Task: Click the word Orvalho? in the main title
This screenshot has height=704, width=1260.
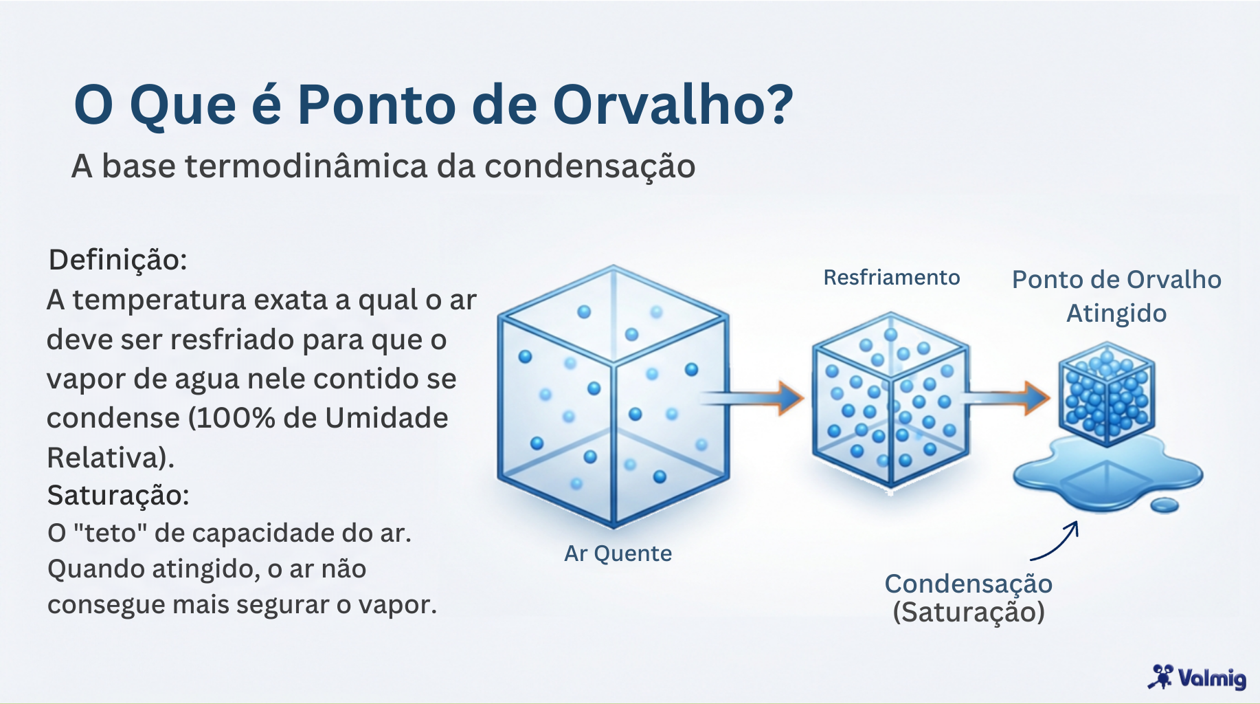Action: point(673,105)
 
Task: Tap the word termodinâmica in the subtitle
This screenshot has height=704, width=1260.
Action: point(306,166)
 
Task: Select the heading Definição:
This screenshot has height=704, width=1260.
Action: point(117,260)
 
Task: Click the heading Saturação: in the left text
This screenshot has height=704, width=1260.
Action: point(117,495)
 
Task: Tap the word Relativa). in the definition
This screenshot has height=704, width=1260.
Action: point(110,457)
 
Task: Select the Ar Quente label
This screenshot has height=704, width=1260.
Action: point(618,553)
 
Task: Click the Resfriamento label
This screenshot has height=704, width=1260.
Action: point(891,278)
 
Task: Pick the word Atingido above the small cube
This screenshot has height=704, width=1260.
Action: point(1116,313)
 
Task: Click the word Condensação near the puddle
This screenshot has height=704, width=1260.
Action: point(968,584)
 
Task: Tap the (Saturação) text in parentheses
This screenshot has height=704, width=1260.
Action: point(968,612)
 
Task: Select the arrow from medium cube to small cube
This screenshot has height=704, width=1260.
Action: point(1006,397)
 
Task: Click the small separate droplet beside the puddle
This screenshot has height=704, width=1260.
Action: point(1164,506)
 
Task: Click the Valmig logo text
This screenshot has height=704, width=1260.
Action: point(1212,679)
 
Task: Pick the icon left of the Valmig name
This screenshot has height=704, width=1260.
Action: point(1162,676)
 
